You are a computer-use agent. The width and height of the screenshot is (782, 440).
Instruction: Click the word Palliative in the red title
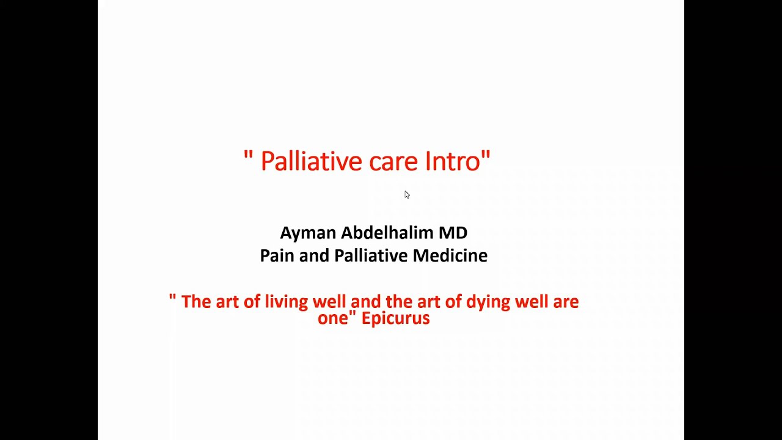pyautogui.click(x=312, y=161)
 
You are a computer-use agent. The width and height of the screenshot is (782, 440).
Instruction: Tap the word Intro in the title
pyautogui.click(x=452, y=161)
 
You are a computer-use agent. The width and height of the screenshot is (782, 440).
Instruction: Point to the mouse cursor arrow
pyautogui.click(x=406, y=194)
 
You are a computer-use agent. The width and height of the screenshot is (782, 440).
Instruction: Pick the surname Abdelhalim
pyautogui.click(x=387, y=232)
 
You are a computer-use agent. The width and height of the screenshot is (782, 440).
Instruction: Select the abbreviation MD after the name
pyautogui.click(x=453, y=232)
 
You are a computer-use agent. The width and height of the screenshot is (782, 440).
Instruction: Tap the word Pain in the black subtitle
pyautogui.click(x=277, y=255)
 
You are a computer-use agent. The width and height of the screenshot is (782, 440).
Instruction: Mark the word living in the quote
pyautogui.click(x=286, y=302)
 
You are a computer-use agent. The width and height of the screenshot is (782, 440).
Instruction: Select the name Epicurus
pyautogui.click(x=395, y=318)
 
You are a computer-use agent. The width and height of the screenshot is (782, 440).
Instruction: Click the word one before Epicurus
pyautogui.click(x=332, y=318)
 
